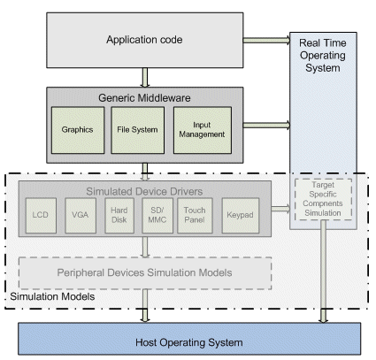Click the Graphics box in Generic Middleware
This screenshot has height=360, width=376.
(78, 130)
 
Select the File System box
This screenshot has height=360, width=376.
(138, 130)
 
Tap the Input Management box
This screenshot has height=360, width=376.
(203, 130)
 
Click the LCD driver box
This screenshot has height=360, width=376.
(41, 216)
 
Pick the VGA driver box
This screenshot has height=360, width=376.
(81, 216)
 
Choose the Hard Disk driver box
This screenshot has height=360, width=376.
(119, 216)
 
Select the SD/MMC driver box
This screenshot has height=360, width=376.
(157, 216)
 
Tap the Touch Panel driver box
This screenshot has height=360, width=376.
(195, 216)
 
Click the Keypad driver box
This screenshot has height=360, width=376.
(241, 216)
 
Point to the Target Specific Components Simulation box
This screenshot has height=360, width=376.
(323, 199)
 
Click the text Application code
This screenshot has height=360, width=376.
(144, 40)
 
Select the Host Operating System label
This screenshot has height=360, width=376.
(189, 342)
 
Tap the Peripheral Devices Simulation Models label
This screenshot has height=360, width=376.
(144, 272)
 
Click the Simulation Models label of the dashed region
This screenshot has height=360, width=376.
(52, 296)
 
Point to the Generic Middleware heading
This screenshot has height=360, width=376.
(144, 98)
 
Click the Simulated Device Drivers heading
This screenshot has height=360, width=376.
(144, 192)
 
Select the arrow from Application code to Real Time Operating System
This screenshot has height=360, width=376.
(266, 40)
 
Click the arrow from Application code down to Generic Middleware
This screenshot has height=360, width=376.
(144, 78)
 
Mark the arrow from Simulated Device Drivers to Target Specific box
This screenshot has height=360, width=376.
(280, 209)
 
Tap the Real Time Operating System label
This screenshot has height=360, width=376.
(323, 56)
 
